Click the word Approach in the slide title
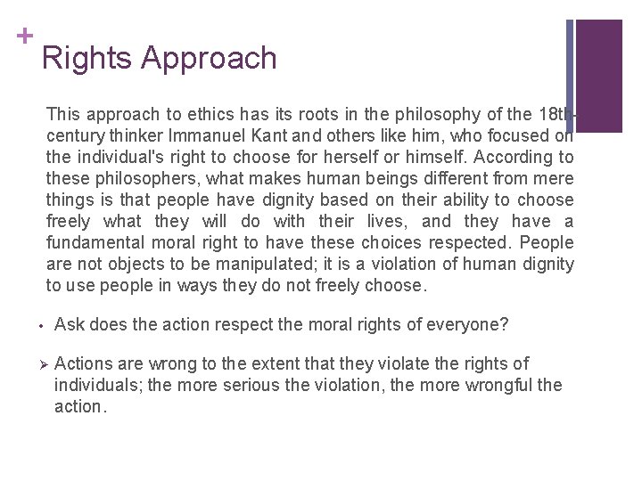pos(209,59)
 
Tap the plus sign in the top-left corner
pos(25,35)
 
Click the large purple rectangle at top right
pos(599,76)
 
